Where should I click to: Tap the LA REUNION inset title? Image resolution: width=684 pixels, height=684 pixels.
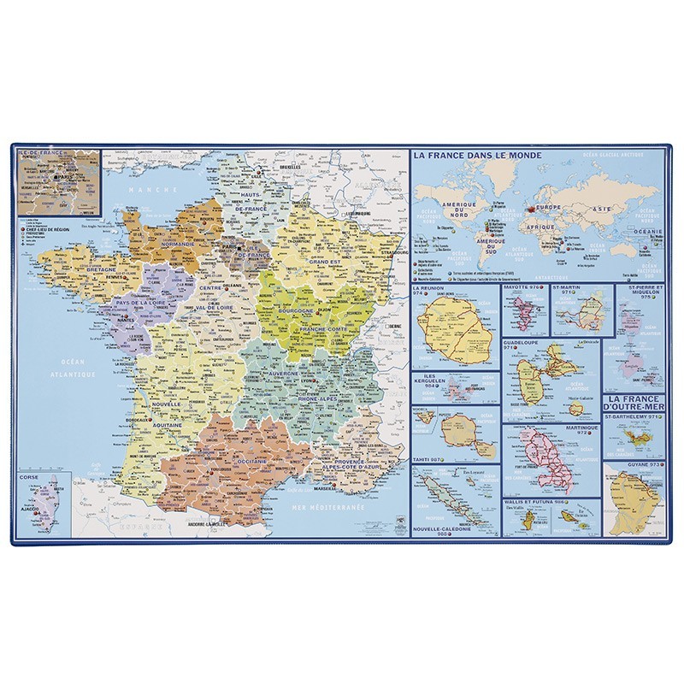click(x=431, y=289)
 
